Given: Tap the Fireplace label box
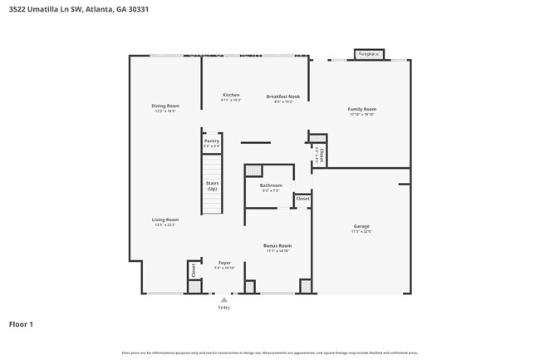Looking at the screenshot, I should [x=368, y=54].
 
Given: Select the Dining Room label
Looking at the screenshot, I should [x=164, y=106].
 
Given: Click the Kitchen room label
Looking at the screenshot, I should [x=230, y=95].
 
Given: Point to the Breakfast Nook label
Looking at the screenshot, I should [x=282, y=96].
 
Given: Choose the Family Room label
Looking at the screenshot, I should [x=361, y=109].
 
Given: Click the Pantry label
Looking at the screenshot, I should [x=212, y=141].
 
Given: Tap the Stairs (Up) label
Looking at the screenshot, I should [x=212, y=186].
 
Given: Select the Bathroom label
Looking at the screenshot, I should [x=271, y=185].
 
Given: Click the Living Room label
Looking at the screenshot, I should [x=164, y=219].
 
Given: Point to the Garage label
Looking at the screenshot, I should [x=361, y=226].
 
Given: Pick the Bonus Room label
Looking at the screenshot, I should [x=277, y=245].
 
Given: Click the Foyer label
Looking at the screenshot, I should [x=224, y=262].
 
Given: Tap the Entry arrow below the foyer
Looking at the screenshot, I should [x=223, y=300].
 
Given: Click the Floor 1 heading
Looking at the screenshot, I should [x=21, y=324].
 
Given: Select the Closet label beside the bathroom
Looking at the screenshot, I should [x=302, y=199].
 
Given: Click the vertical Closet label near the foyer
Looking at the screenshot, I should [x=193, y=269].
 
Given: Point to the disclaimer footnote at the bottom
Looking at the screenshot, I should [x=270, y=353].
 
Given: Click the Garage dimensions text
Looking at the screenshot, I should [x=361, y=231].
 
